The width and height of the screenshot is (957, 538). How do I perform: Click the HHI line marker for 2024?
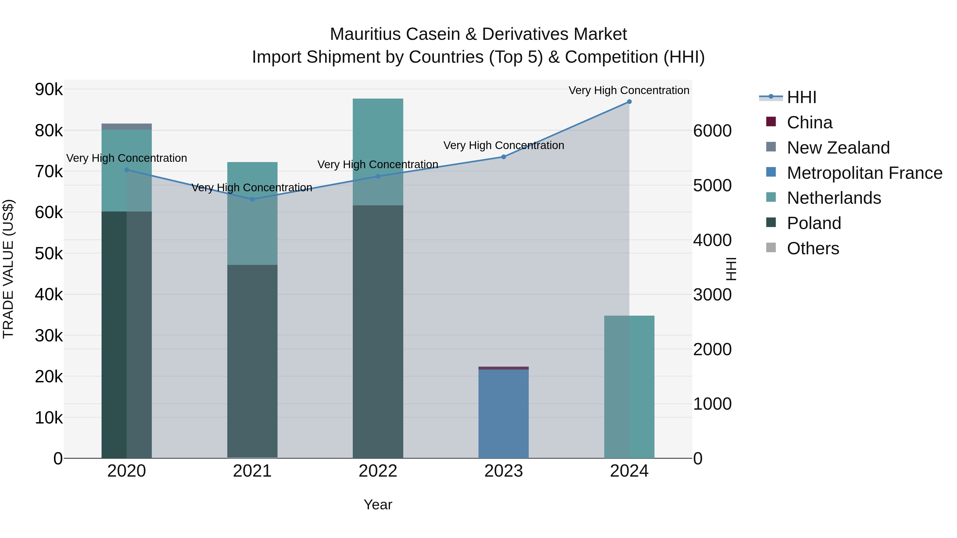pyautogui.click(x=629, y=102)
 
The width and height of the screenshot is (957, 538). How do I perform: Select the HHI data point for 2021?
pyautogui.click(x=252, y=199)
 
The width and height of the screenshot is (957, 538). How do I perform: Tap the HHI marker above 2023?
pyautogui.click(x=503, y=157)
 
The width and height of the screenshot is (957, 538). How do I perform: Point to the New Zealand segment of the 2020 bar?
pyautogui.click(x=127, y=127)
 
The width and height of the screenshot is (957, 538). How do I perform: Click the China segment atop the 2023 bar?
pyautogui.click(x=503, y=368)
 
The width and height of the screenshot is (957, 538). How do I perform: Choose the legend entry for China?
pyautogui.click(x=809, y=122)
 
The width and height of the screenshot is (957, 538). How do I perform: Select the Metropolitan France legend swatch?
pyautogui.click(x=771, y=172)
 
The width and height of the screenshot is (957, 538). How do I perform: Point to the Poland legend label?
pyautogui.click(x=814, y=223)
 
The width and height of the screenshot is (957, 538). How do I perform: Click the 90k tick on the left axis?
pyautogui.click(x=49, y=90)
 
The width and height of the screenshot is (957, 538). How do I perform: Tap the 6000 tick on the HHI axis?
pyautogui.click(x=712, y=131)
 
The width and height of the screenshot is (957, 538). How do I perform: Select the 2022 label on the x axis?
pyautogui.click(x=378, y=471)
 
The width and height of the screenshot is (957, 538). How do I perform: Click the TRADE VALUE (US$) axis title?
pyautogui.click(x=8, y=269)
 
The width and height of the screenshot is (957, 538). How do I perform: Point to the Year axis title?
pyautogui.click(x=378, y=505)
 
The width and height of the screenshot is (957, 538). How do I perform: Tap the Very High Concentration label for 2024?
pyautogui.click(x=629, y=91)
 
